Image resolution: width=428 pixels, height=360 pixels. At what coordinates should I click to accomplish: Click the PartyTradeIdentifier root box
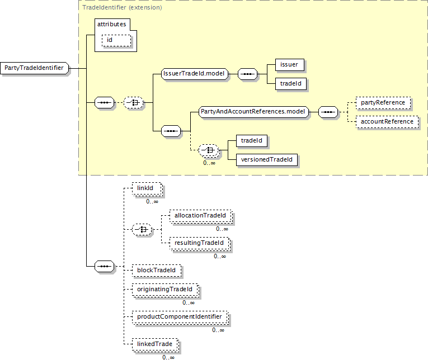(34, 68)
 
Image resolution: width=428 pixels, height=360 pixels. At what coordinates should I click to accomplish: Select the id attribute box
(116, 40)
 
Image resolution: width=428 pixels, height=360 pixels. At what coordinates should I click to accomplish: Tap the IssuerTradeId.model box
(195, 74)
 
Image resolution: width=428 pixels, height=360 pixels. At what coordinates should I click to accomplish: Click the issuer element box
(290, 65)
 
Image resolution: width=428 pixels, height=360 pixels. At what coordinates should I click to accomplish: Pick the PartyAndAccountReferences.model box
(253, 112)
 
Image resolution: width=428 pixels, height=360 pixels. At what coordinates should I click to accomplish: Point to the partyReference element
(383, 103)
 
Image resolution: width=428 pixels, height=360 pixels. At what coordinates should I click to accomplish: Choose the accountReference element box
(387, 122)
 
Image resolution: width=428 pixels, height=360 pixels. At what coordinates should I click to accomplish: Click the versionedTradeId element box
(267, 159)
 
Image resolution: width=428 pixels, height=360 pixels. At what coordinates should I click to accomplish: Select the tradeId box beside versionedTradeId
(252, 141)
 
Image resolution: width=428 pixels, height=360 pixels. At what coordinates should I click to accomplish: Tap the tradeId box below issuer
(291, 84)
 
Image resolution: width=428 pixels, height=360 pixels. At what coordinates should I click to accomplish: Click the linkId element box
(147, 189)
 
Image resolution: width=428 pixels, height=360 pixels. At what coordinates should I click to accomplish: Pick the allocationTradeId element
(201, 216)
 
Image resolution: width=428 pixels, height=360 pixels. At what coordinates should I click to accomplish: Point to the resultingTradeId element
(200, 244)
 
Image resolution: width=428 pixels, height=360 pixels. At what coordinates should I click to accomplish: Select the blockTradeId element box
(157, 270)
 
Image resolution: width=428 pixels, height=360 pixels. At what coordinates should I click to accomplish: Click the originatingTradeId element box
(166, 290)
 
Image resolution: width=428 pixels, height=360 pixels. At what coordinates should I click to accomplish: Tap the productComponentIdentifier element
(180, 318)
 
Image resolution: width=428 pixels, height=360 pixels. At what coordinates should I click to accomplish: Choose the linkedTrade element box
(156, 345)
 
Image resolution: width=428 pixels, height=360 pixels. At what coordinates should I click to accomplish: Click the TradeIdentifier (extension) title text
(122, 7)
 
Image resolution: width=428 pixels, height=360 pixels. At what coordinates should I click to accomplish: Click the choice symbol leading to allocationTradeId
(142, 230)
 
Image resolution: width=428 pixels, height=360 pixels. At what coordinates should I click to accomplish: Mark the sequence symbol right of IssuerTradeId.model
(248, 74)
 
